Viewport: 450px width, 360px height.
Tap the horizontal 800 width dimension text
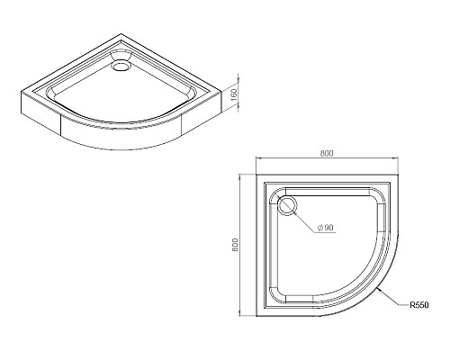[x=327, y=154]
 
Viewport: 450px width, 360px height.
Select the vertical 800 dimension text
[x=235, y=244]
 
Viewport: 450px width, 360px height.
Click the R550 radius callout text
[x=419, y=305]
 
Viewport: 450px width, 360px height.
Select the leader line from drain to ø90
[x=304, y=220]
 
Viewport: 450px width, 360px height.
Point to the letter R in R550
[x=411, y=305]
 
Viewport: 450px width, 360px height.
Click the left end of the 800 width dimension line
[x=256, y=162]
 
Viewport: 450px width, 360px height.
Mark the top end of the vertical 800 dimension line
[x=244, y=174]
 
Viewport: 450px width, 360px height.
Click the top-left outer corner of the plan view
[x=256, y=174]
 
